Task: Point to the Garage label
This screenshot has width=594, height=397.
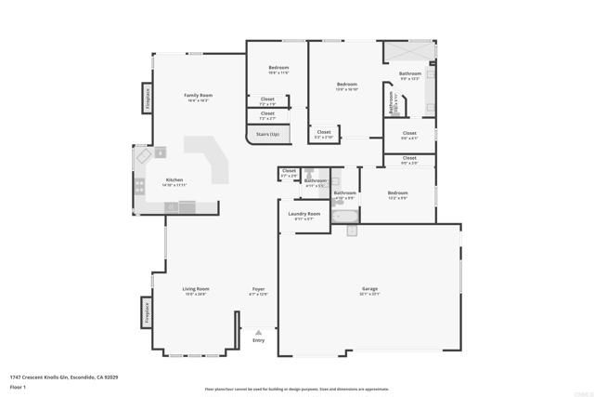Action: [x=369, y=289]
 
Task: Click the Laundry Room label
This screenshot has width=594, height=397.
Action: [x=303, y=215]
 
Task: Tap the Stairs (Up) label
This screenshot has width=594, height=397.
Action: [x=268, y=135]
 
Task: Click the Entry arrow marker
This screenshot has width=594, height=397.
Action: [x=258, y=332]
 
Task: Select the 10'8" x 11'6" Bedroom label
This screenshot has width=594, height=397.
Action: [x=278, y=69]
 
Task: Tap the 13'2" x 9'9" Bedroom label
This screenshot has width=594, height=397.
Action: [x=397, y=193]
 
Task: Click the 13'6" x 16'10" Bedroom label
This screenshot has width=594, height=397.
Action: [x=346, y=86]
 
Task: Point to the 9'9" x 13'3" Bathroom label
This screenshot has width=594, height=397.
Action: [x=409, y=74]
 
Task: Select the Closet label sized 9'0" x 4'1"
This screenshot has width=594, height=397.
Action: [x=409, y=134]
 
